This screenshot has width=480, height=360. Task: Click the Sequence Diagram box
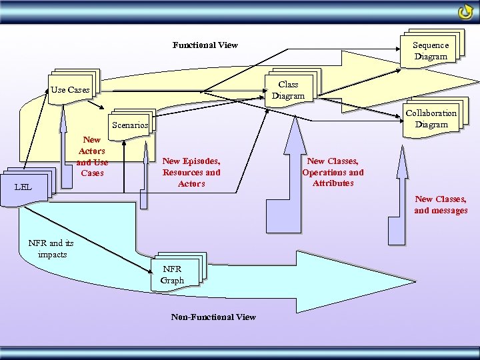[x=431, y=50]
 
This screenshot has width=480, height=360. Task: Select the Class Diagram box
[x=288, y=90]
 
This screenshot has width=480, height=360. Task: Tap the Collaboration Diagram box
[x=431, y=118]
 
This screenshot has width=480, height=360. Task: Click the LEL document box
[x=24, y=186]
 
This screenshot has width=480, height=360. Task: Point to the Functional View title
[x=205, y=45]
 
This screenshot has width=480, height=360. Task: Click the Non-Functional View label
[x=213, y=317]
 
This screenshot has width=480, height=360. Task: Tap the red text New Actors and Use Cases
[x=92, y=157]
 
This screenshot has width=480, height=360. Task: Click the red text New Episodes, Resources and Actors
[x=191, y=172]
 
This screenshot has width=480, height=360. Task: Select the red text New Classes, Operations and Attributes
[x=333, y=172]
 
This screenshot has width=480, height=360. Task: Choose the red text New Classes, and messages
[x=441, y=205]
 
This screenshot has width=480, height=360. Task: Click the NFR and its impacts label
[x=51, y=249]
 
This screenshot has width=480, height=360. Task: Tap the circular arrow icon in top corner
[x=465, y=13]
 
